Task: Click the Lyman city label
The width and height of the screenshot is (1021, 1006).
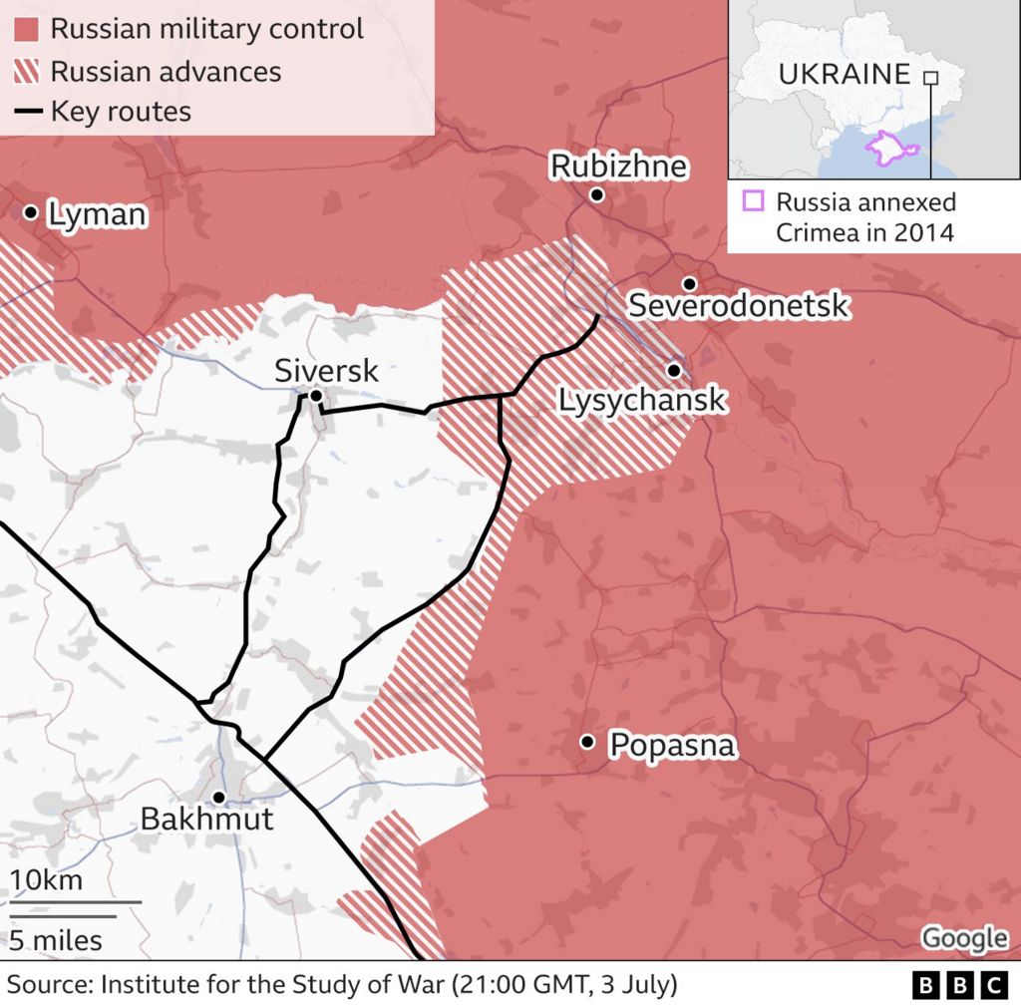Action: click(x=98, y=214)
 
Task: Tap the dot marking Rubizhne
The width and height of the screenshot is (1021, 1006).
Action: click(x=596, y=194)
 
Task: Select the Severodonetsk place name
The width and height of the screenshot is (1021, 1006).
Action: click(x=738, y=306)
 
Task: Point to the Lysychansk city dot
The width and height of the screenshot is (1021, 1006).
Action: click(x=674, y=371)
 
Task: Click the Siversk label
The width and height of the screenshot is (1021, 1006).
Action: click(x=327, y=372)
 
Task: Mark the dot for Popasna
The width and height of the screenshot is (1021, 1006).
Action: click(x=587, y=742)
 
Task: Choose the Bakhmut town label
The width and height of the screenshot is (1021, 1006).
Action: click(x=206, y=820)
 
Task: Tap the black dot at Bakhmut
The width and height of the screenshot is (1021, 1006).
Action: click(x=218, y=797)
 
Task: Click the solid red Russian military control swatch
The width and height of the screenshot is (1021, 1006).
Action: click(x=27, y=29)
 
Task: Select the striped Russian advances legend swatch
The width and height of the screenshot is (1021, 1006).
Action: click(x=27, y=72)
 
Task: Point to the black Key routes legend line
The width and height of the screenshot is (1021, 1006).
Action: click(x=27, y=112)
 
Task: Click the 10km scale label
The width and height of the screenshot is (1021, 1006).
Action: click(x=46, y=881)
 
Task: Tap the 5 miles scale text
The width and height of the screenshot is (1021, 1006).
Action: click(x=56, y=939)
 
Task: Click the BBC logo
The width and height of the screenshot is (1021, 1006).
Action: click(x=960, y=985)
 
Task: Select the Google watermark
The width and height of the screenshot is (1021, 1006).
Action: click(x=963, y=938)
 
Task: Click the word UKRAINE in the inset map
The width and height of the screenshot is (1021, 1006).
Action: click(x=844, y=74)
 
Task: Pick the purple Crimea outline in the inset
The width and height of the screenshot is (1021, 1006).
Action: click(x=891, y=148)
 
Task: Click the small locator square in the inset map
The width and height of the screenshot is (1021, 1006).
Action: click(x=930, y=78)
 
